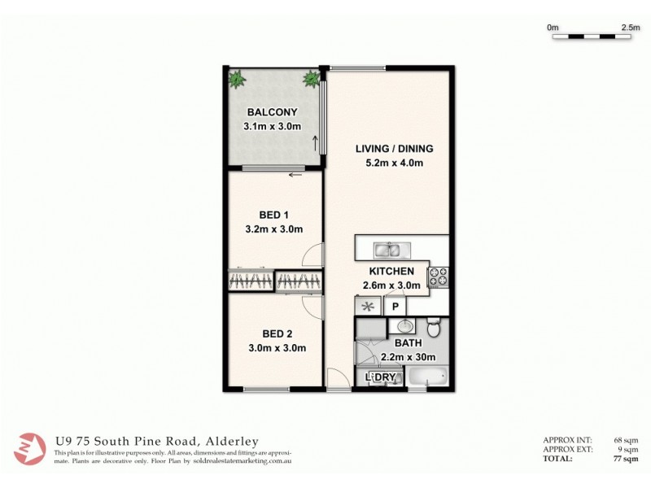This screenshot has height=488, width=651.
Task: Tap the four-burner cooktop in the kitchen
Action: pyautogui.click(x=438, y=277)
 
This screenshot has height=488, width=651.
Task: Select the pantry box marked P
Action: pyautogui.click(x=395, y=307)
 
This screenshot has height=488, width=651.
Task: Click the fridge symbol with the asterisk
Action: pyautogui.click(x=366, y=307)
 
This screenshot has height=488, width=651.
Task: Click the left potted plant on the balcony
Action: pyautogui.click(x=237, y=79)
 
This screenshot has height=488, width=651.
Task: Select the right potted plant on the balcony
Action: pyautogui.click(x=310, y=79)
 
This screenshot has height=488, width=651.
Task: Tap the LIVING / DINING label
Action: pyautogui.click(x=394, y=149)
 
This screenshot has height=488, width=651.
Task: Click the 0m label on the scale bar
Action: pyautogui.click(x=553, y=27)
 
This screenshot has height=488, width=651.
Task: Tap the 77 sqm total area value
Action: pyautogui.click(x=627, y=459)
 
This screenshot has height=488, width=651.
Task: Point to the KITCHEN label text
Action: pyautogui.click(x=392, y=271)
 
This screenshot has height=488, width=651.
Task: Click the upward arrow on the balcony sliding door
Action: pyautogui.click(x=315, y=143)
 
